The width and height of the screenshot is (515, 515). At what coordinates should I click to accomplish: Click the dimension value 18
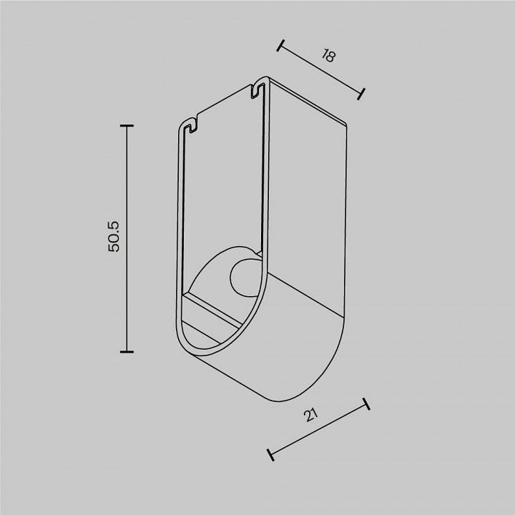click(x=328, y=57)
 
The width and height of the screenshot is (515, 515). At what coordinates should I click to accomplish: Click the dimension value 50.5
click(x=114, y=236)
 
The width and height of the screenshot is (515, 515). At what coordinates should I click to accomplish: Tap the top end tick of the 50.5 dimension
click(x=127, y=126)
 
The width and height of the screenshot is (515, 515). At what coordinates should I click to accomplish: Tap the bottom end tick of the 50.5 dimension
click(x=127, y=351)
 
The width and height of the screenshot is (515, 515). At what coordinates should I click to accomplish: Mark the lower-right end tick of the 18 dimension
click(x=362, y=93)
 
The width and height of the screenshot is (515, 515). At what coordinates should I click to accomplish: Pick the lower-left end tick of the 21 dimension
click(x=270, y=453)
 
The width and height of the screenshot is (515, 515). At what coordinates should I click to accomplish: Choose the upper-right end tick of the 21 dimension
click(x=366, y=404)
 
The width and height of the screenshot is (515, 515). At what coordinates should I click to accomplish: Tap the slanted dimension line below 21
click(x=318, y=429)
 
